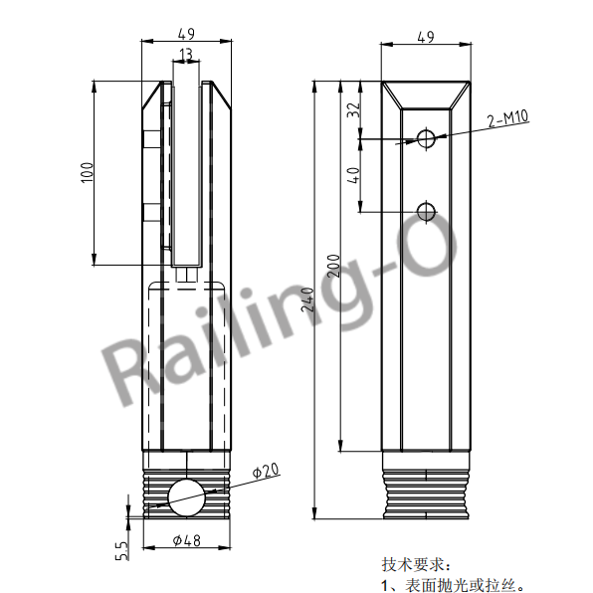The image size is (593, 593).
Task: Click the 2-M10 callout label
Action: point(507,120)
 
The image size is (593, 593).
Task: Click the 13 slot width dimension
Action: point(186,54)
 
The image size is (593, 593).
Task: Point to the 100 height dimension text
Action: point(87,173)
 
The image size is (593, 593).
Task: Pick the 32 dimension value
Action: point(352,109)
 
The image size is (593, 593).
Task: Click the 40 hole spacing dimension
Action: point(352,175)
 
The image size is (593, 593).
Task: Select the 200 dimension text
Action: point(333,265)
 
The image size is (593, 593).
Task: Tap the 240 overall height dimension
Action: point(307,298)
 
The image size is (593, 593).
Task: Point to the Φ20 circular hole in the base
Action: point(186,495)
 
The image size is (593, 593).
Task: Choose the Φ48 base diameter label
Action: point(187,541)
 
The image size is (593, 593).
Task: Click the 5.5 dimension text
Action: point(121,550)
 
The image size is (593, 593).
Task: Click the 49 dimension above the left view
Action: point(186,34)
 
